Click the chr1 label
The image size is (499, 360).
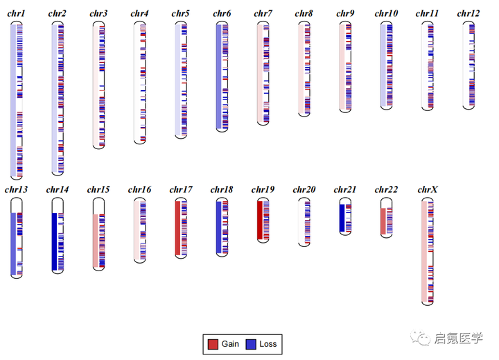pos(16,14)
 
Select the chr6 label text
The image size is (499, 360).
pos(222,14)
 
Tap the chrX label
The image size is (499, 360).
pos(428,189)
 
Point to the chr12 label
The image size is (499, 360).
pos(469,14)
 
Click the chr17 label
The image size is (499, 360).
pos(181,189)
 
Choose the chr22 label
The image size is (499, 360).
pos(386,189)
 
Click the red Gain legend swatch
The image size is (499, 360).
pos(213,344)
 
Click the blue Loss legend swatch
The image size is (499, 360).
pos(251,344)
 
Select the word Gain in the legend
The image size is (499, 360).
pos(230,344)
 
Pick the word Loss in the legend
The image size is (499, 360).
pos(268,344)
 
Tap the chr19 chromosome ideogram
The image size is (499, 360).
pos(263,221)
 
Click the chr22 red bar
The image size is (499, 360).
pos(383,221)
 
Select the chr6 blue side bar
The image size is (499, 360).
pos(219,76)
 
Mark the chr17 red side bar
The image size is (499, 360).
pos(177,228)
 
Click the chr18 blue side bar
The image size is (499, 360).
pos(218,227)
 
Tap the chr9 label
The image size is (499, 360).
pos(345,14)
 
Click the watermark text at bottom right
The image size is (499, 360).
pos(457,338)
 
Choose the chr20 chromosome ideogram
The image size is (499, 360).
pos(304,221)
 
